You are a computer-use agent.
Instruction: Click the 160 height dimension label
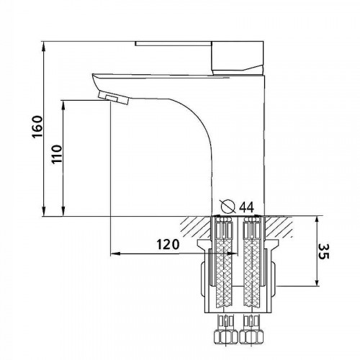click(x=37, y=127)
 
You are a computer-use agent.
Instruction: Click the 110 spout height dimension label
click(x=57, y=154)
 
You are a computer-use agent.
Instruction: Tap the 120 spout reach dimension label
click(x=168, y=245)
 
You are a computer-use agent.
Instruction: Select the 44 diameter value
click(x=247, y=207)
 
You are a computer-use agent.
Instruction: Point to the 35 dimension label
click(x=323, y=251)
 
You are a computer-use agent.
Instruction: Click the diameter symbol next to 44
click(x=228, y=207)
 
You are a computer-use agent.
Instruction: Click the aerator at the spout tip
click(x=114, y=98)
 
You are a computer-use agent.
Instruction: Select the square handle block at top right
click(x=238, y=58)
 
